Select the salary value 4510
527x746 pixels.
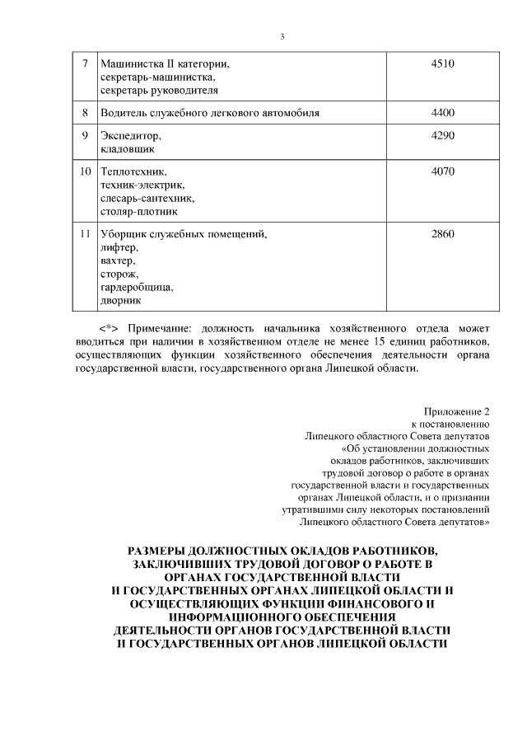(x=442, y=63)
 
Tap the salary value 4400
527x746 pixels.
(x=442, y=112)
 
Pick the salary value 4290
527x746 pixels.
(x=442, y=135)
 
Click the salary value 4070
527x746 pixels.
(x=442, y=171)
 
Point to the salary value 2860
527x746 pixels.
(x=442, y=234)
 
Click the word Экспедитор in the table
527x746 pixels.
(x=126, y=136)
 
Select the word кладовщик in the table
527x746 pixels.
(x=126, y=149)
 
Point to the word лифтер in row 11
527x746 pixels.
(x=119, y=248)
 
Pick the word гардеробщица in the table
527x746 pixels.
(x=136, y=288)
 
